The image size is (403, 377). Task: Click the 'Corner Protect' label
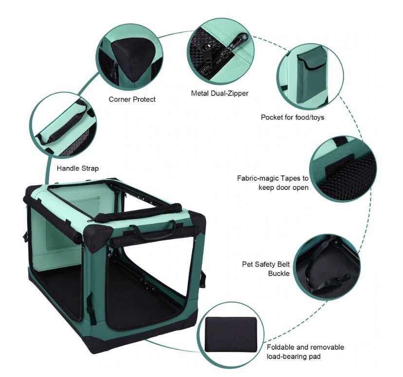132,99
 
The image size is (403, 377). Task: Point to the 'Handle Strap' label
78,169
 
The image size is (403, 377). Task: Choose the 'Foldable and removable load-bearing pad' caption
305,352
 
